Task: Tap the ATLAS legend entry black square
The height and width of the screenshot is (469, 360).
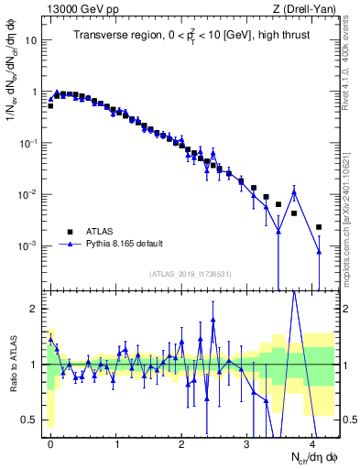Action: [70, 232]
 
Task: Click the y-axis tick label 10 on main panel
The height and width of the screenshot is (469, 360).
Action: [31, 41]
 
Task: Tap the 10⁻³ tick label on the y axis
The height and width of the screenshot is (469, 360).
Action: [29, 246]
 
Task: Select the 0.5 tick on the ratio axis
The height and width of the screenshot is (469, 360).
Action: [30, 420]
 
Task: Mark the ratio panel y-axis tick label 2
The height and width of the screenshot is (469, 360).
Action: [35, 309]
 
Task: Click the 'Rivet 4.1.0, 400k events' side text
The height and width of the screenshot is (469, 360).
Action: [351, 55]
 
